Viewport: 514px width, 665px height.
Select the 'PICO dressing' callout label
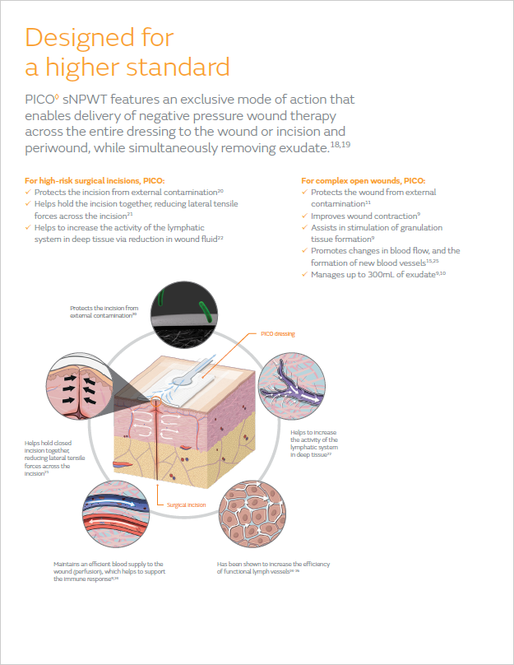[278, 333]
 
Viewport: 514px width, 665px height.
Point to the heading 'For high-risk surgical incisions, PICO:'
[95, 180]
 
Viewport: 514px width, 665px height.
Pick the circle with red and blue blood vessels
[119, 512]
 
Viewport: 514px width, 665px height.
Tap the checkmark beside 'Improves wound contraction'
[304, 216]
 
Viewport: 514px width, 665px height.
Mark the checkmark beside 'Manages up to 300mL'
[304, 273]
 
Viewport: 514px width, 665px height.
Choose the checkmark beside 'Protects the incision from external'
[28, 192]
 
